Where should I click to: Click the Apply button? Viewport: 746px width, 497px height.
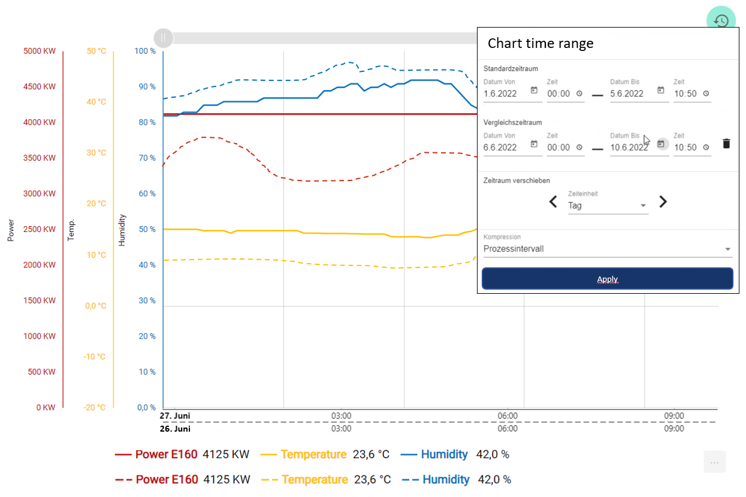(x=607, y=279)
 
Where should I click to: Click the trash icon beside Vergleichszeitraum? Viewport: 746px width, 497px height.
(x=726, y=143)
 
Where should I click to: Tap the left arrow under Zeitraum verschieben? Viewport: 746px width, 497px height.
(x=553, y=202)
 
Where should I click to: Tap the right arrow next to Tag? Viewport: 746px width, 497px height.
(x=663, y=202)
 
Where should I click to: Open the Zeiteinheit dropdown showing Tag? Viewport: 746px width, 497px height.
(x=608, y=206)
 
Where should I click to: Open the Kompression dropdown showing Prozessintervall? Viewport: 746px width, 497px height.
(x=607, y=249)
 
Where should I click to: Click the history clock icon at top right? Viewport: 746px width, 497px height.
(x=721, y=20)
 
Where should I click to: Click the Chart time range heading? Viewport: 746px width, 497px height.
(x=540, y=43)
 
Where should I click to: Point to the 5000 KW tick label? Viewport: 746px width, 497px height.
(x=40, y=52)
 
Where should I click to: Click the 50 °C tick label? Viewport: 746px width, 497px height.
(x=96, y=52)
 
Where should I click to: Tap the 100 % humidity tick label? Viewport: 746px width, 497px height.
(x=145, y=52)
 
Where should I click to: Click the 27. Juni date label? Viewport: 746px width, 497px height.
(x=175, y=416)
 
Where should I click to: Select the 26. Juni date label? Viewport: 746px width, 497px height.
(x=175, y=429)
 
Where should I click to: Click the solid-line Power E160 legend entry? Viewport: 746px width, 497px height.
(x=166, y=454)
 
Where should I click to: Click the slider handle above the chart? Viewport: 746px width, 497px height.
(x=163, y=38)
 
